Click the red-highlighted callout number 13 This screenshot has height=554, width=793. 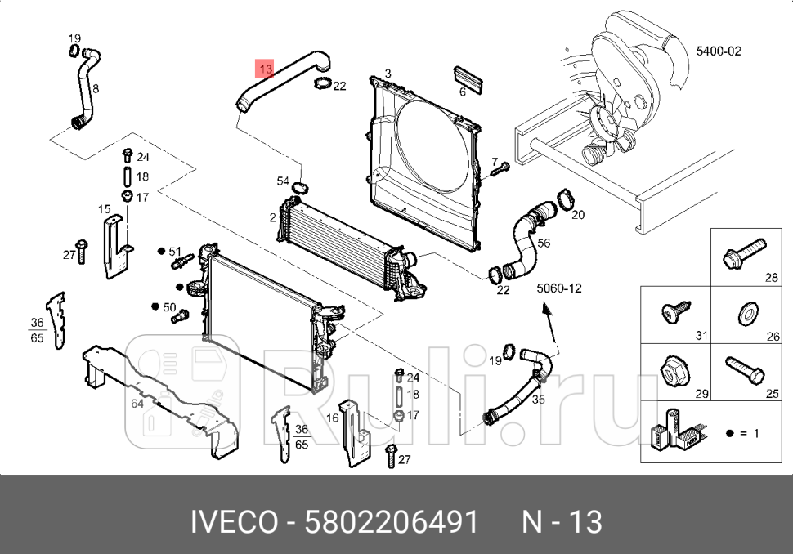point(265,68)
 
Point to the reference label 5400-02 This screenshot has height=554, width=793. point(718,51)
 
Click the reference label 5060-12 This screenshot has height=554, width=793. point(558,288)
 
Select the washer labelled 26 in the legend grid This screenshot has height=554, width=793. point(746,314)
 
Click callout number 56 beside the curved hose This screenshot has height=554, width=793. point(544,243)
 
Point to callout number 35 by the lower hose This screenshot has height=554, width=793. point(538,400)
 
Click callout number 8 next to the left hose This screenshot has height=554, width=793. point(96,88)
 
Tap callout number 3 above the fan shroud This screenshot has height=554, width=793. point(388,74)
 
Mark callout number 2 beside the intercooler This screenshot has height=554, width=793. point(272,217)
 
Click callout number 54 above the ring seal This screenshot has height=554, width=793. point(283,181)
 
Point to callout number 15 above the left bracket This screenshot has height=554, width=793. point(104,209)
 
